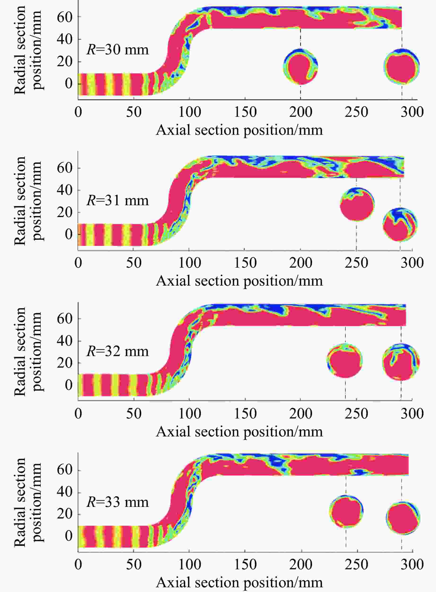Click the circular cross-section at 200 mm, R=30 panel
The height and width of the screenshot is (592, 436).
click(x=301, y=66)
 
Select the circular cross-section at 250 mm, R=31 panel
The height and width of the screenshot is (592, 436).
click(x=357, y=204)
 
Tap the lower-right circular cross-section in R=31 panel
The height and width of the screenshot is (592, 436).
click(x=400, y=224)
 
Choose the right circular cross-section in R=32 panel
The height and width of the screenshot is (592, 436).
click(x=401, y=361)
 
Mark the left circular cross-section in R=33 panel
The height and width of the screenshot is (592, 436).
click(x=347, y=511)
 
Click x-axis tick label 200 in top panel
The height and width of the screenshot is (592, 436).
click(x=301, y=112)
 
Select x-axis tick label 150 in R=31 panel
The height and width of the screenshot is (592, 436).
click(x=245, y=263)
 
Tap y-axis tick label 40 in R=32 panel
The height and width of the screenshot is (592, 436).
click(x=64, y=341)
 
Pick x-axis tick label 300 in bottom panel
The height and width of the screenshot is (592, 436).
click(x=412, y=565)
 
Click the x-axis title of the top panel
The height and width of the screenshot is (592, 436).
click(x=239, y=130)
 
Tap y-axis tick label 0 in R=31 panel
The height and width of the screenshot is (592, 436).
click(x=69, y=234)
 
